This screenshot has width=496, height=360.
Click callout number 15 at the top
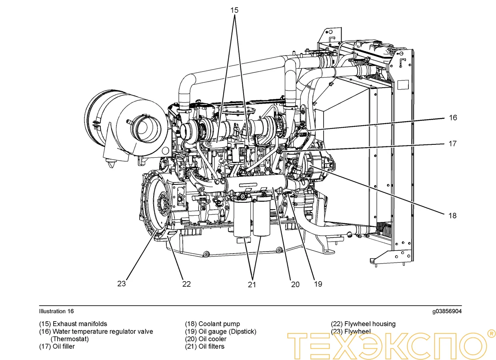click(234, 10)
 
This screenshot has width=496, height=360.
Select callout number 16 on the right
click(452, 118)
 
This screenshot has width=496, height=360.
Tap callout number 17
click(452, 144)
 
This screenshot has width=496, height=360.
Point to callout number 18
click(452, 216)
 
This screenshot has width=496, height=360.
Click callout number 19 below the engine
click(318, 284)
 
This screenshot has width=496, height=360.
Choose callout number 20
click(295, 284)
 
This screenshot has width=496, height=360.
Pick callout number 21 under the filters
click(252, 284)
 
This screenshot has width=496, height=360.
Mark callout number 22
click(186, 284)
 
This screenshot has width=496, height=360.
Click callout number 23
click(122, 284)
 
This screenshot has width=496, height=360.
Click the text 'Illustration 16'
click(56, 311)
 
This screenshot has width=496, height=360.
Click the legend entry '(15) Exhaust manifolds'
click(73, 324)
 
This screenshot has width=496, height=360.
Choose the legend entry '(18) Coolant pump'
click(212, 324)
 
